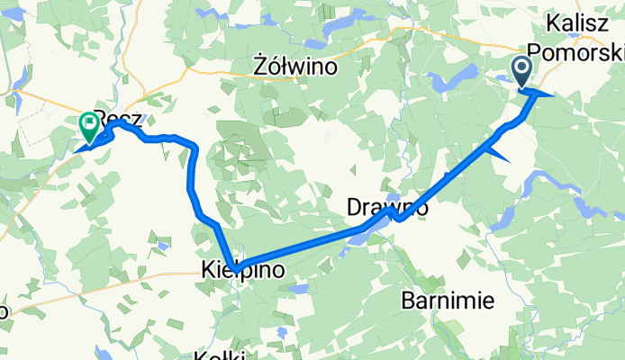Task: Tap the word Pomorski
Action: [583, 51]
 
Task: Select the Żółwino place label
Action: [294, 67]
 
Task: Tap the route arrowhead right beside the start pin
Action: [540, 93]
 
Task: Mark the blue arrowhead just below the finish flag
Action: [88, 143]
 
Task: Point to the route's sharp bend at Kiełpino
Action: [236, 265]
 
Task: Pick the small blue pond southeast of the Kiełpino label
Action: [282, 331]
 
